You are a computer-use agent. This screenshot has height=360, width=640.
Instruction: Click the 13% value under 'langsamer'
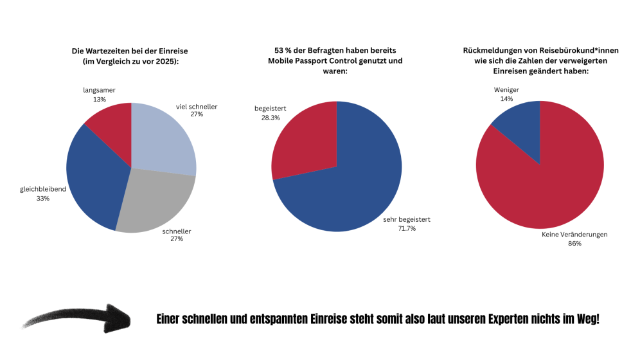[x=99, y=100]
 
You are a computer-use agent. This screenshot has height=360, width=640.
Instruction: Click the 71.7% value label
[x=407, y=228]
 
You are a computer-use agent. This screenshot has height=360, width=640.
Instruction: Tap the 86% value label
[x=574, y=244]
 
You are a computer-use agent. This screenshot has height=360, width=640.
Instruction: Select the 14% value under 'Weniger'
[x=506, y=99]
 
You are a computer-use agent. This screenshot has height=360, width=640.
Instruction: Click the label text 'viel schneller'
[x=197, y=106]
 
